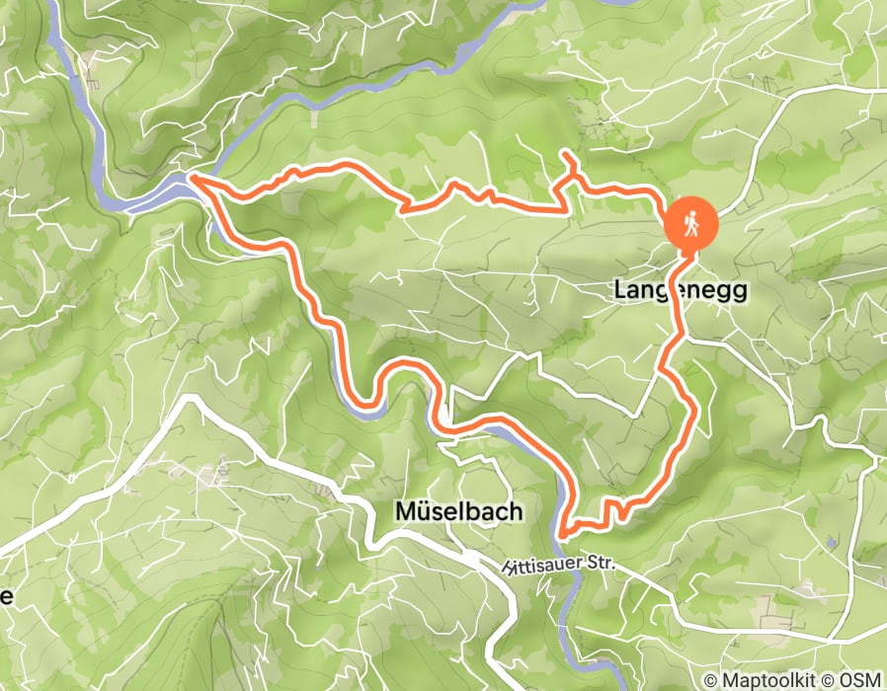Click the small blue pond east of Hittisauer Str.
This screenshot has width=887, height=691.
pyautogui.click(x=833, y=542)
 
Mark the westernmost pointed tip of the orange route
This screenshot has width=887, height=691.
pyautogui.click(x=191, y=178)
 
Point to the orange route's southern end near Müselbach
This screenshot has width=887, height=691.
pyautogui.click(x=562, y=535)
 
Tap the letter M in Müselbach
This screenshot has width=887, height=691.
pyautogui.click(x=405, y=511)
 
